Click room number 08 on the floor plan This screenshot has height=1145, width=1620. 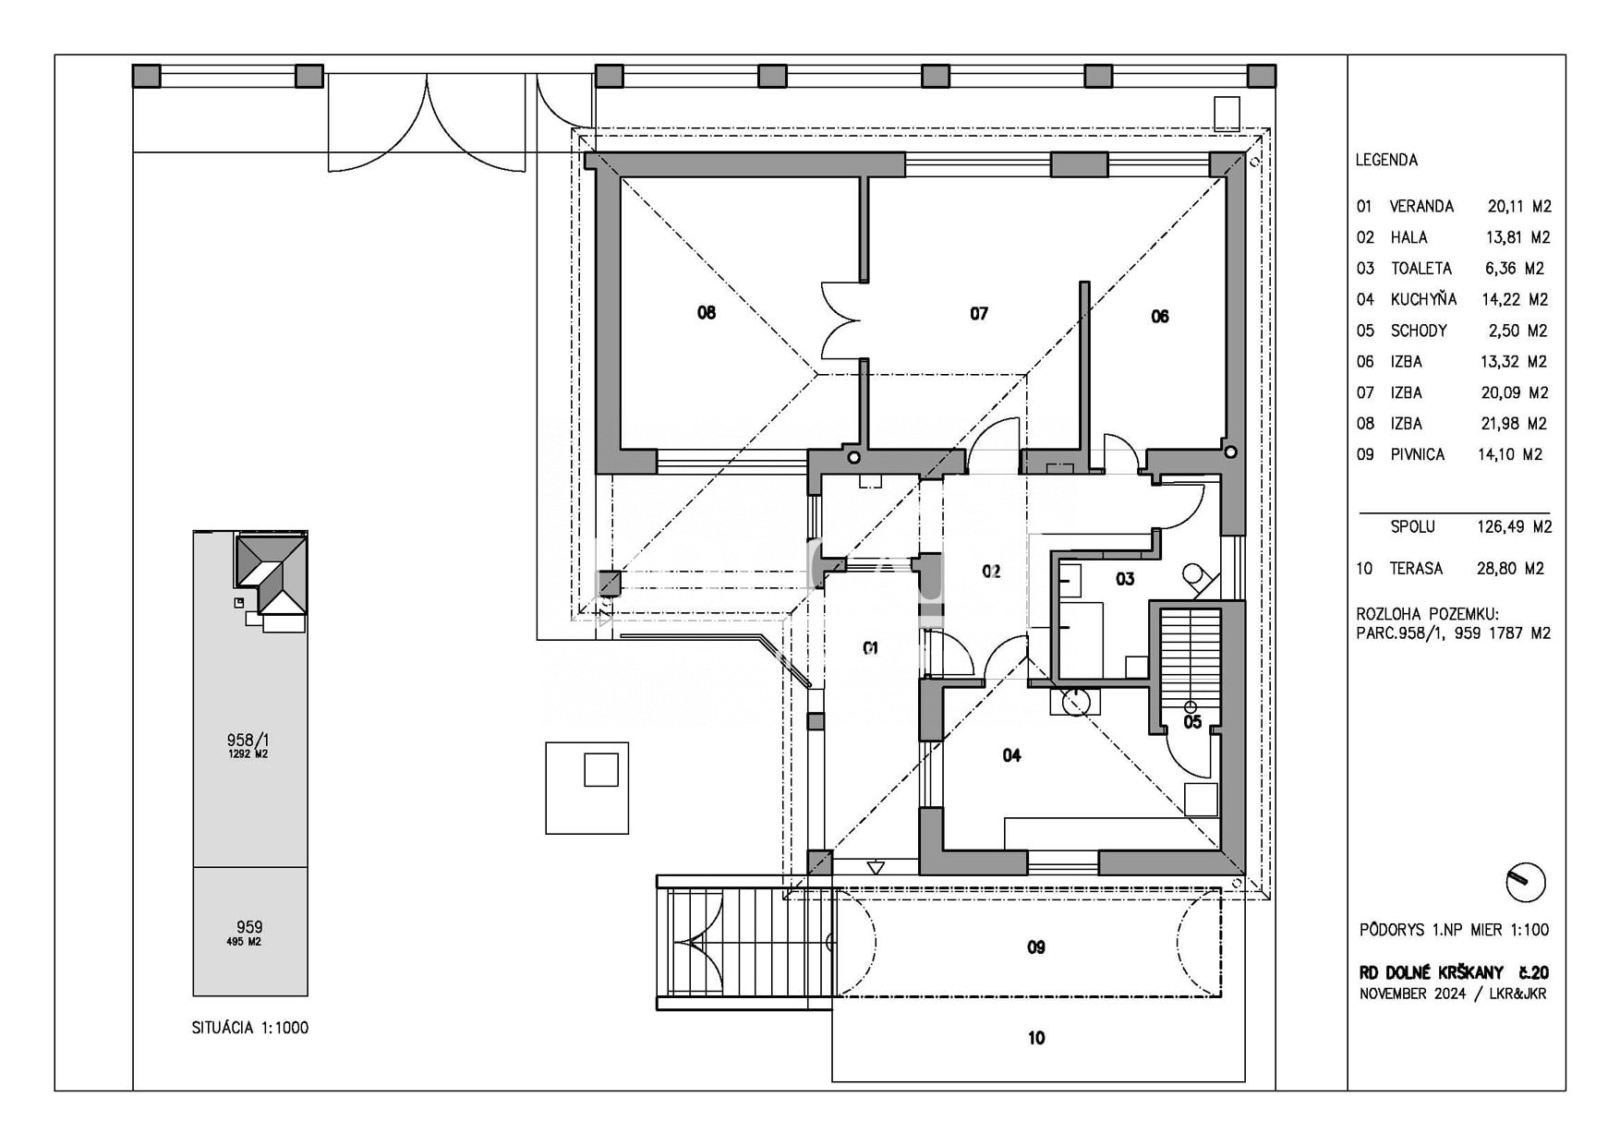(x=707, y=313)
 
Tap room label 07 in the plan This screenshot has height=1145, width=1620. (x=979, y=314)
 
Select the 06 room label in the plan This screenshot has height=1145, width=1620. (x=1160, y=317)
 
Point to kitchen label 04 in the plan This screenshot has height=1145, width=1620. (x=1012, y=755)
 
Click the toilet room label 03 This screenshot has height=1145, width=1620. (x=1125, y=579)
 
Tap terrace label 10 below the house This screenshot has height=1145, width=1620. (x=1036, y=1038)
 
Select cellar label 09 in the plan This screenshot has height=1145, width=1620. (x=1036, y=947)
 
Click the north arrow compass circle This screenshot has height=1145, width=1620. (x=1525, y=882)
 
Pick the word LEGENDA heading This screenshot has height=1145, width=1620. (x=1386, y=160)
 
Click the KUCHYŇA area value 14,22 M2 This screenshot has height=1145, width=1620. (x=1515, y=299)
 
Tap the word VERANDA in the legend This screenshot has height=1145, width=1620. (x=1421, y=206)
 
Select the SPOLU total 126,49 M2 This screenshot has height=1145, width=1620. (x=1515, y=526)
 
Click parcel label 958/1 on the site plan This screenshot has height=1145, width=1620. (x=248, y=740)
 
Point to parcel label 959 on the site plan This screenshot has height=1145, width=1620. (x=249, y=926)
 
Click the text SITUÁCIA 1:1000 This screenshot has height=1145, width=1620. (x=250, y=1028)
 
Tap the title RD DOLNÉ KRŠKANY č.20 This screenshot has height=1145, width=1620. (x=1454, y=972)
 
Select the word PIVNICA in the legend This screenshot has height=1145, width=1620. (x=1418, y=454)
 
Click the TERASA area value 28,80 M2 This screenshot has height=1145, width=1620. (x=1510, y=569)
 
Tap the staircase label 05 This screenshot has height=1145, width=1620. (x=1192, y=722)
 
